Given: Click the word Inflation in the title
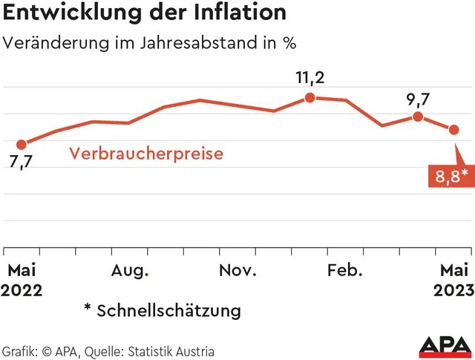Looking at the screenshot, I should tap(238, 13).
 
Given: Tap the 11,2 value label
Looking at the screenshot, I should tap(310, 76).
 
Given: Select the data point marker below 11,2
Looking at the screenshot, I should tap(310, 96).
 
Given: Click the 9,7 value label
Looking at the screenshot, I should tap(418, 97).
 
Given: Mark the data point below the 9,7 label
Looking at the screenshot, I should tap(418, 117).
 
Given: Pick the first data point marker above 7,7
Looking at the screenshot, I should tap(21, 144).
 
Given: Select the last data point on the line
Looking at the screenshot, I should tap(454, 130).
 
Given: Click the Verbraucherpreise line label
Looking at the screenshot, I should tap(146, 154).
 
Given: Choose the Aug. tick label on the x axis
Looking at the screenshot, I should tap(130, 270).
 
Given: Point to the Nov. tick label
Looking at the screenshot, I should tap(237, 270).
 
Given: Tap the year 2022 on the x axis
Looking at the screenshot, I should tap(22, 289).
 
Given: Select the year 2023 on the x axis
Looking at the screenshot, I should tap(453, 289).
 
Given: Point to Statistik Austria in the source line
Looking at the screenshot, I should tap(172, 351).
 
